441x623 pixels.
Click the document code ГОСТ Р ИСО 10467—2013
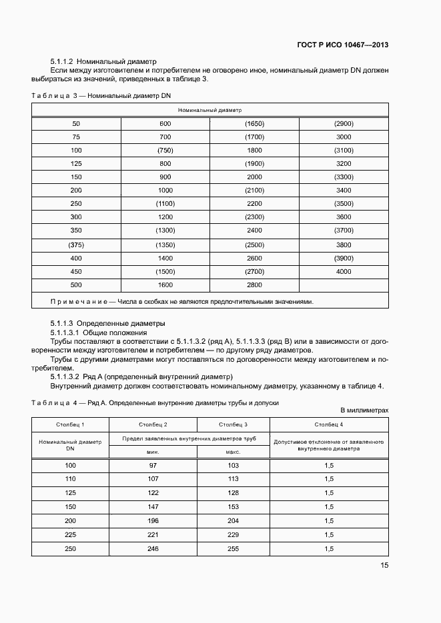click(x=342, y=45)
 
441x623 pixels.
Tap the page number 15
click(x=384, y=565)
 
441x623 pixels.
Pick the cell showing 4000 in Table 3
click(x=344, y=271)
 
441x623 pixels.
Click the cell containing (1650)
click(x=254, y=123)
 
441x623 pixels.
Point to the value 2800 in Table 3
click(x=254, y=285)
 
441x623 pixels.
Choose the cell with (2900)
click(x=344, y=123)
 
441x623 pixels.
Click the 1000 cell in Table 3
click(x=165, y=191)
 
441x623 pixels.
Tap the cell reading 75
click(x=76, y=137)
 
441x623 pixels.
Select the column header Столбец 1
click(x=70, y=424)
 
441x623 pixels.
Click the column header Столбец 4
click(x=329, y=424)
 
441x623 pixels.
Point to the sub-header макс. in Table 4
click(x=233, y=452)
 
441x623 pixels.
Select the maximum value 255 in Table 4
click(x=233, y=548)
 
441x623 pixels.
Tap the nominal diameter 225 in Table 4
click(x=70, y=534)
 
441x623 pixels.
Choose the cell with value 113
click(x=233, y=478)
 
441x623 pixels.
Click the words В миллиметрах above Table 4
click(x=364, y=410)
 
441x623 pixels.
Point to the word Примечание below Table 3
click(x=79, y=301)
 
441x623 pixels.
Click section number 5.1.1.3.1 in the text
click(x=65, y=332)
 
